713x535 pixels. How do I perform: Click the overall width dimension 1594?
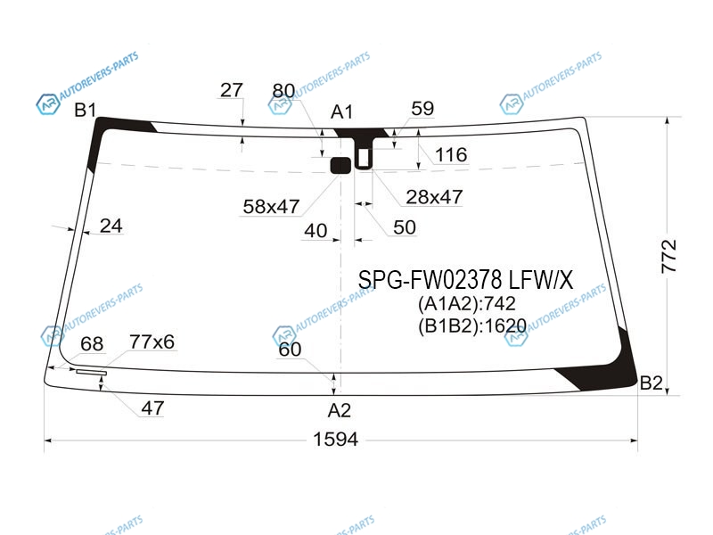pyautogui.click(x=336, y=439)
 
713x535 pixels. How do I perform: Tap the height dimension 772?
pyautogui.click(x=669, y=256)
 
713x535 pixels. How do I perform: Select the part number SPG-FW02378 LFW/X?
pyautogui.click(x=465, y=279)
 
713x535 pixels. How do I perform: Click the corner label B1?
pyautogui.click(x=85, y=110)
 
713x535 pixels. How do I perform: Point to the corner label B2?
pyautogui.click(x=651, y=383)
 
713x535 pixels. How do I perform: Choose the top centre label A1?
pyautogui.click(x=341, y=112)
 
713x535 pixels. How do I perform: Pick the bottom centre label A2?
pyautogui.click(x=340, y=410)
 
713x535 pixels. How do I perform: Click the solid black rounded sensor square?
pyautogui.click(x=340, y=166)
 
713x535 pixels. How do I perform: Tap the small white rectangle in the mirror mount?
pyautogui.click(x=364, y=158)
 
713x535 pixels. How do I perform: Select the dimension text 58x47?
pyautogui.click(x=271, y=207)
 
